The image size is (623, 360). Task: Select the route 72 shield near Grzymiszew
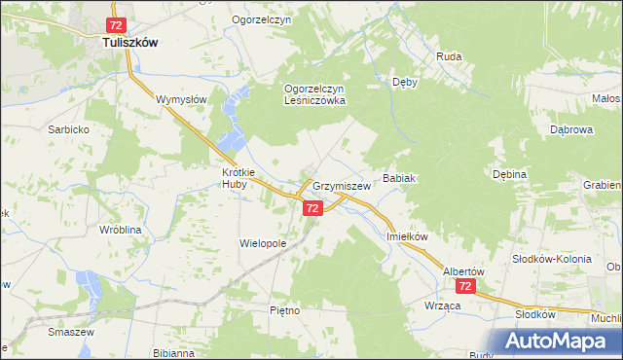point(312,208)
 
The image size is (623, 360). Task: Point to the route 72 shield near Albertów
point(466,287)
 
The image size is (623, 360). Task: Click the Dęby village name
point(404,83)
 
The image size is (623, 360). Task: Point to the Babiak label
point(400,179)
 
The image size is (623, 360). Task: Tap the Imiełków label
point(408,236)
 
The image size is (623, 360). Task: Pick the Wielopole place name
point(264,243)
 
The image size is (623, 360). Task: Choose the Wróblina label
point(95,230)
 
